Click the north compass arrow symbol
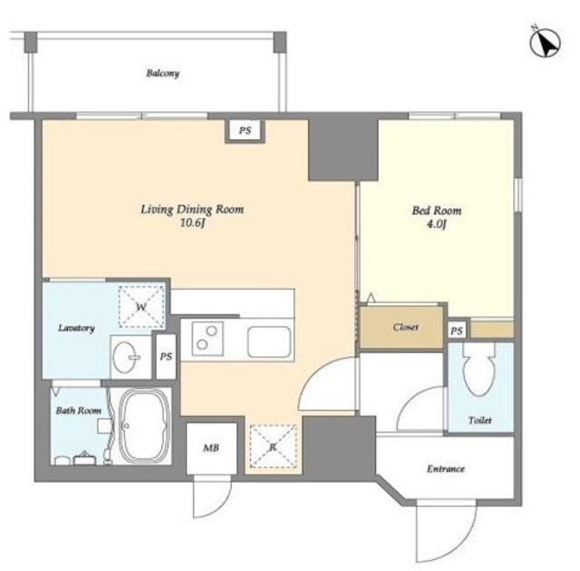coord(546,43)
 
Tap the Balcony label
coord(163,73)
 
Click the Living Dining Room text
coord(192,209)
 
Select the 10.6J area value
coord(192,224)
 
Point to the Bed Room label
coord(437,211)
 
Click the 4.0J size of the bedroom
coord(437,224)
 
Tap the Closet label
coord(406,327)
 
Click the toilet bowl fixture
coord(479,369)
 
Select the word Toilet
coord(479,420)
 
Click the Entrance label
coord(446,469)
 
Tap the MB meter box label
coord(211,448)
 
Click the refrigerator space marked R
coord(274,447)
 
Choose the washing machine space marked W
coord(141,306)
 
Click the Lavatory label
coord(76,328)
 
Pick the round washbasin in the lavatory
coord(125,357)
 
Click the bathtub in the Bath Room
coord(145,426)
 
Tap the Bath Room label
coord(79,410)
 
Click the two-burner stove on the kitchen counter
coord(208,338)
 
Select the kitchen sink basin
coord(269,342)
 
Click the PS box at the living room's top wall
coord(246,130)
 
